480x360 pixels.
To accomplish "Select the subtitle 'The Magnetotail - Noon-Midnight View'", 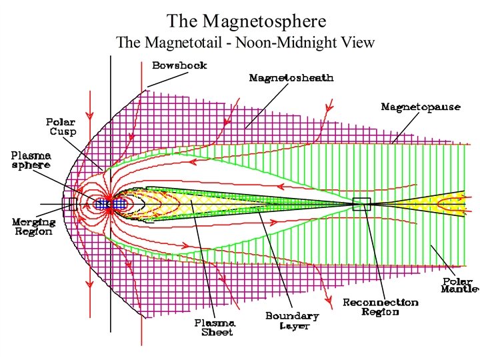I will [245, 43].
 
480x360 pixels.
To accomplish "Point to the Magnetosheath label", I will [291, 77].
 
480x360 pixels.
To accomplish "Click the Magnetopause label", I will [420, 106].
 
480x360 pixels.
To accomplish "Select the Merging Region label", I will [33, 226].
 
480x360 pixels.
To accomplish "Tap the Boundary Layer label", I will [292, 320].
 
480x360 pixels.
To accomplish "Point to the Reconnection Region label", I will [380, 307].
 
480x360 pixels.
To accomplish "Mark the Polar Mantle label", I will [460, 285].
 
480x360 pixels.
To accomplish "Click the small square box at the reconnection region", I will [361, 205].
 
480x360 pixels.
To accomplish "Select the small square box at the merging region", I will [73, 203].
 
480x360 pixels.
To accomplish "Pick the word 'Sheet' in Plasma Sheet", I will [217, 333].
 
